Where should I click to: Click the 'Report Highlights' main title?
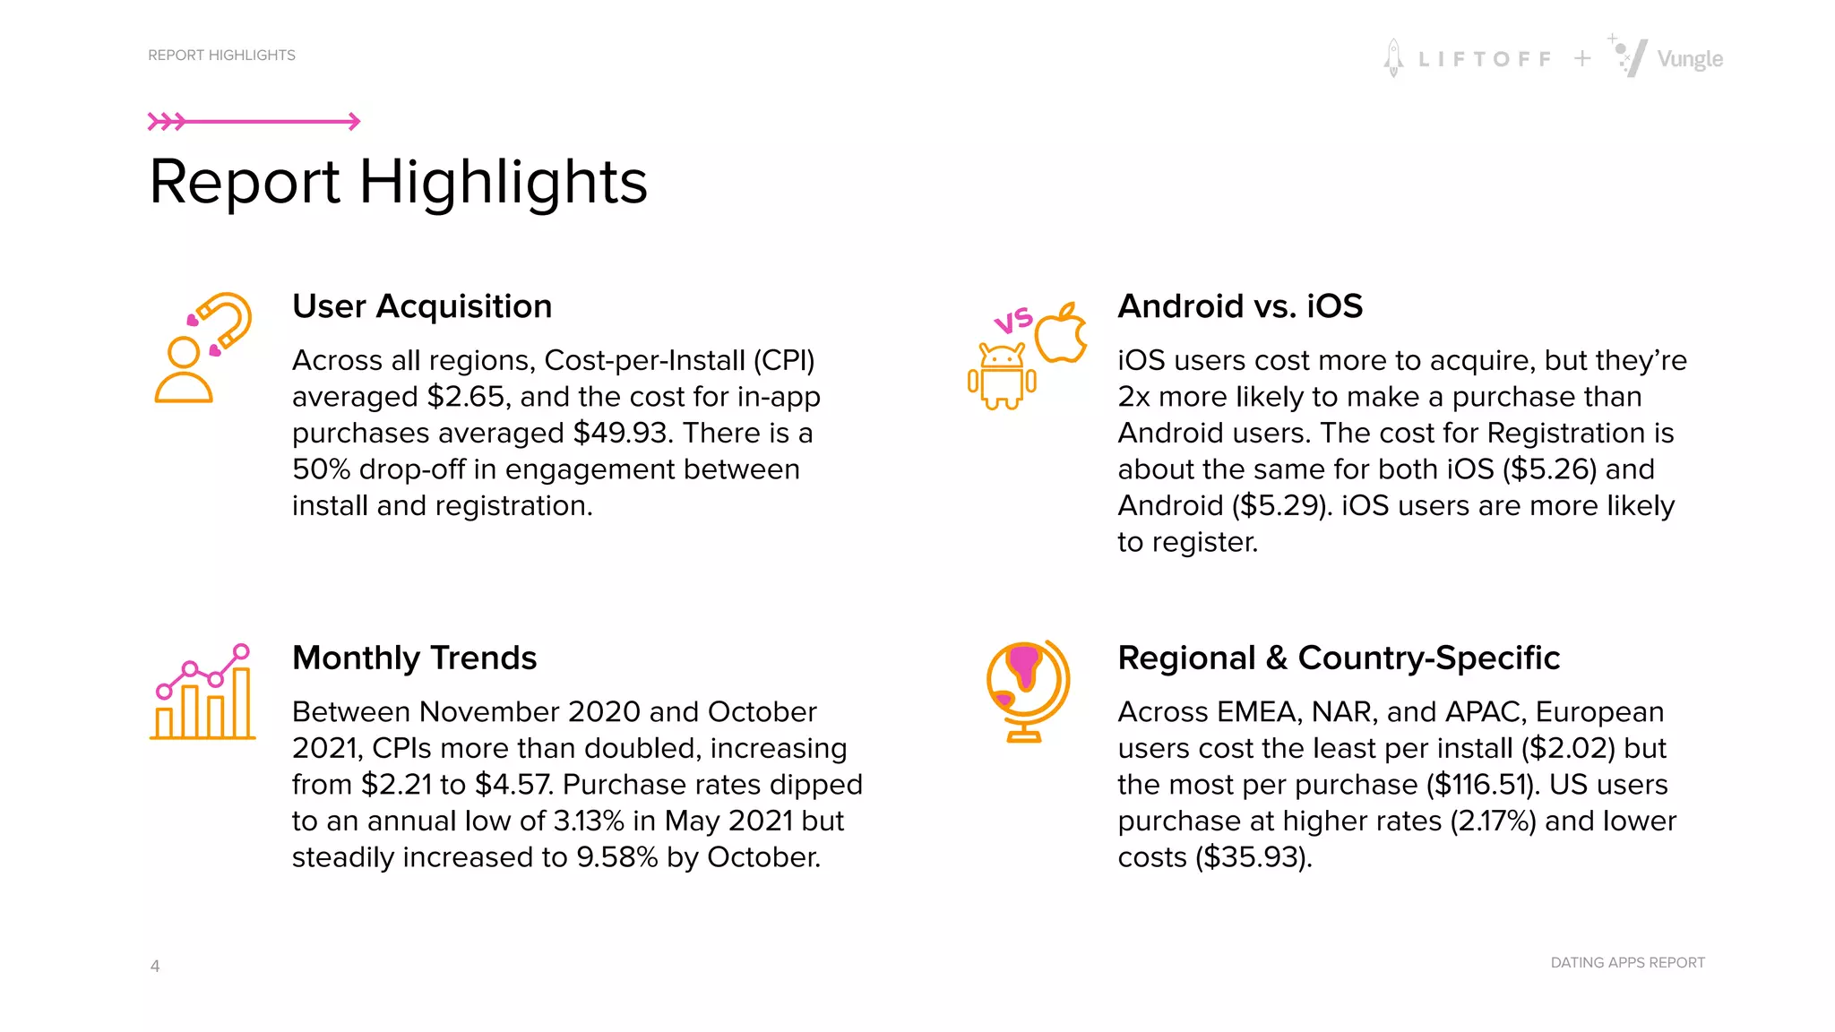tap(398, 182)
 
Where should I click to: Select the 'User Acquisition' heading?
tap(422, 306)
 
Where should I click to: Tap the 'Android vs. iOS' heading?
tap(1240, 306)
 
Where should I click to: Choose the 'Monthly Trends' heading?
tap(414, 658)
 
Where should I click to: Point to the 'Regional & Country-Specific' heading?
tap(1339, 658)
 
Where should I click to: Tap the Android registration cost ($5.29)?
tap(1282, 506)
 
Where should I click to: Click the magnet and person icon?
tap(202, 348)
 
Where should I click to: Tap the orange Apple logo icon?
tap(1062, 333)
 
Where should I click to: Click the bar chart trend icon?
tap(202, 692)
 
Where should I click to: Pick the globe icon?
tap(1027, 691)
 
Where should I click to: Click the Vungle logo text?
tap(1689, 59)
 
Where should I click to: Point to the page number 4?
tap(155, 966)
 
